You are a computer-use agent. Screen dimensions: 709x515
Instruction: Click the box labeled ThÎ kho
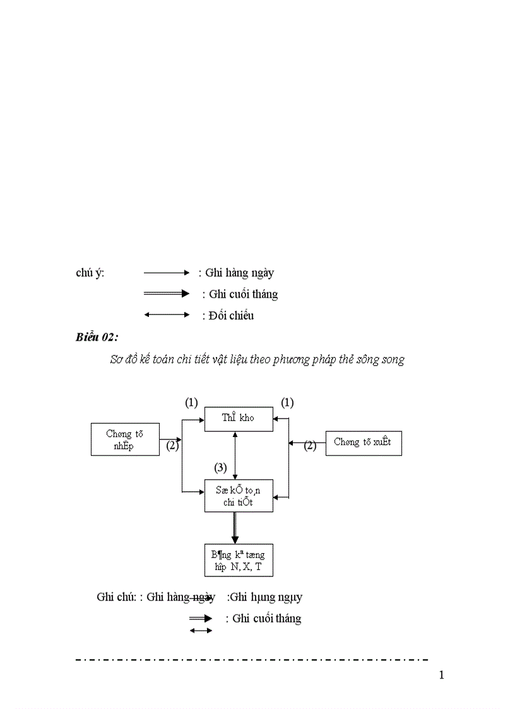(239, 419)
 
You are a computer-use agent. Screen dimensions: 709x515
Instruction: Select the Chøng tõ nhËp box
(125, 439)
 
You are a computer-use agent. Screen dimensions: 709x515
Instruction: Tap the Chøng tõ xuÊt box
(363, 443)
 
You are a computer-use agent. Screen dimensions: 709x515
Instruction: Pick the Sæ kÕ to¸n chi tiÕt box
(239, 496)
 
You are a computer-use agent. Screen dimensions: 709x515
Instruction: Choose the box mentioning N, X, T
(239, 560)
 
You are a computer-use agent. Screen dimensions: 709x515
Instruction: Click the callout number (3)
(220, 468)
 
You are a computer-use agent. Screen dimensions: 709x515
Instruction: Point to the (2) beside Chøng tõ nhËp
(172, 446)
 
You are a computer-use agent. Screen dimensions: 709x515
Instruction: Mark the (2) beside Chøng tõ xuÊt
(309, 446)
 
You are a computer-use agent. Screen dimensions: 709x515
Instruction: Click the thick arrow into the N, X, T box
(235, 528)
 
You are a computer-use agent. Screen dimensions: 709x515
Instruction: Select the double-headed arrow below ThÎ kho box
(235, 455)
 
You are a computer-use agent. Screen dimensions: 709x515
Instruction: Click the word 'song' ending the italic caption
(392, 359)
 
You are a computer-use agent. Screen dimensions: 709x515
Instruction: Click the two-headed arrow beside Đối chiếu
(167, 314)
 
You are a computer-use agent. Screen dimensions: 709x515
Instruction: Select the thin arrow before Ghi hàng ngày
(167, 273)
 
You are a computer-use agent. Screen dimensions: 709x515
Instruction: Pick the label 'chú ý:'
(90, 273)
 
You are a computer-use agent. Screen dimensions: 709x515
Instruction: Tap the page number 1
(441, 676)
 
